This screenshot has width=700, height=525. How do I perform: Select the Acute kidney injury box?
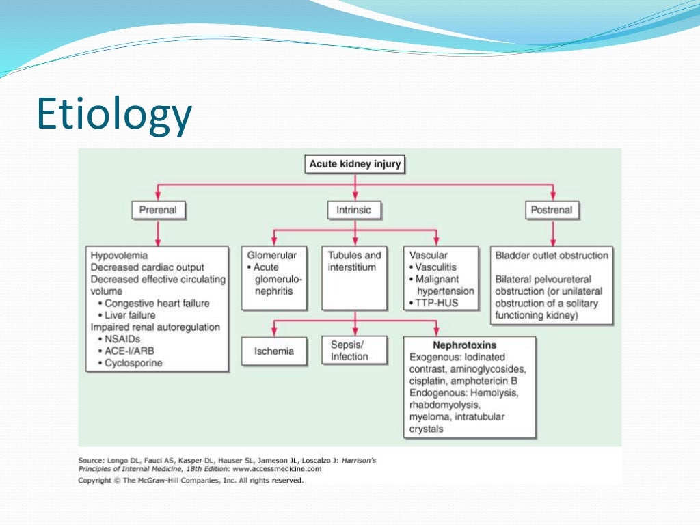pos(355,164)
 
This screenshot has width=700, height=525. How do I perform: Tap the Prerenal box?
pos(159,210)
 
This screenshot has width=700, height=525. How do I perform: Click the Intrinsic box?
pos(353,210)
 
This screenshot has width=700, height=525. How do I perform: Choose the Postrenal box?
pos(551,210)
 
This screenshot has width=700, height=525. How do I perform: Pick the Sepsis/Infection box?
pos(353,351)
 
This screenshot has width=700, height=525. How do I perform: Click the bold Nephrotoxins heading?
pos(464,345)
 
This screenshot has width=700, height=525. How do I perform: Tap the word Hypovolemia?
pos(119,256)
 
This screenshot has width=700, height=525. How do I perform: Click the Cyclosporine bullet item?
pos(133,363)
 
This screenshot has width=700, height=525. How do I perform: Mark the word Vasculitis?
pos(436,267)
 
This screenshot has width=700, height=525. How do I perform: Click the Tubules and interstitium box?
pos(354,261)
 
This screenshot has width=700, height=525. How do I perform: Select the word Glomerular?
pos(271,256)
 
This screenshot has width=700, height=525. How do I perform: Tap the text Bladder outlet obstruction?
pos(552,256)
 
